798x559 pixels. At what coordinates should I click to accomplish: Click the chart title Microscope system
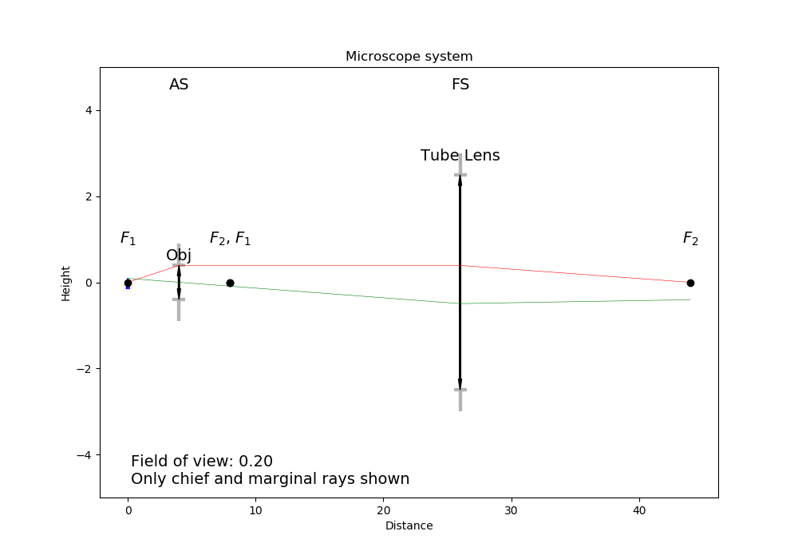coord(409,57)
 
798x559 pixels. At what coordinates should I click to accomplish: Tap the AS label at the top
coord(179,85)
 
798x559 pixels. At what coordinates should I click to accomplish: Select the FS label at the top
coord(460,85)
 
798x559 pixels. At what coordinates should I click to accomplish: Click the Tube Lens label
coord(460,156)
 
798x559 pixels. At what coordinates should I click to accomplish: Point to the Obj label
coord(179,256)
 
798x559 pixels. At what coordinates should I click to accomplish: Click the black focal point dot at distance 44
coord(690,283)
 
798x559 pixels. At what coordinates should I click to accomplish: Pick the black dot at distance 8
coord(230,283)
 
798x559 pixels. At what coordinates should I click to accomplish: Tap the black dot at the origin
coord(128,283)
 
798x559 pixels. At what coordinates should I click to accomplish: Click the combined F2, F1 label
coord(230,238)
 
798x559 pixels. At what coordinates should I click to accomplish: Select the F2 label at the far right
coord(690,238)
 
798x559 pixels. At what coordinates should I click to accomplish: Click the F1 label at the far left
coord(128,238)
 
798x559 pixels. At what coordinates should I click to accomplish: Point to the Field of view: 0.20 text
coord(202,462)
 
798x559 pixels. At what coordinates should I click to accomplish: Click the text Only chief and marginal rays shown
coord(270,479)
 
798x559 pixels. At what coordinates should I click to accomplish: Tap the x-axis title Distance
coord(409,525)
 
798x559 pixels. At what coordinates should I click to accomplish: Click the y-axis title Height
coord(65,283)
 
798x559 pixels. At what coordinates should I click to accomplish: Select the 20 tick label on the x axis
coord(383,510)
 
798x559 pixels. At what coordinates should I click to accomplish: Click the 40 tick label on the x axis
coord(639,510)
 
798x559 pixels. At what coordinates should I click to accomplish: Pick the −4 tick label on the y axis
coord(82,455)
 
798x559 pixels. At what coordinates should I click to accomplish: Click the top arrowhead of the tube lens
coord(460,180)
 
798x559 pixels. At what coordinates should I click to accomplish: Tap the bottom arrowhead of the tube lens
coord(460,384)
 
